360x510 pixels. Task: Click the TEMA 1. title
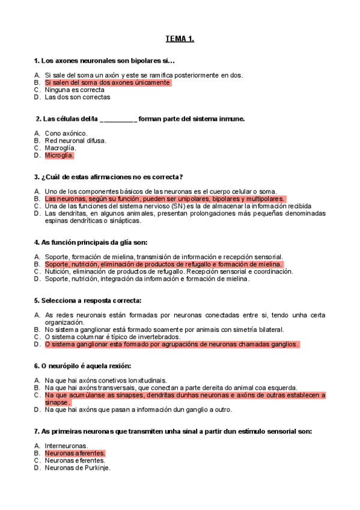tap(180, 40)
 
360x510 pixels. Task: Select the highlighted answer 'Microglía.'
tap(59, 155)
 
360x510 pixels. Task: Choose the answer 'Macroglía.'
tap(60, 148)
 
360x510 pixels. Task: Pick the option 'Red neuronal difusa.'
tap(75, 141)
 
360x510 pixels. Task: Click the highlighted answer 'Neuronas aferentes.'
tap(75, 453)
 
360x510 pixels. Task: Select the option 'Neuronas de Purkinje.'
tap(78, 468)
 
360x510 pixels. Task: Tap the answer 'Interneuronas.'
tap(66, 446)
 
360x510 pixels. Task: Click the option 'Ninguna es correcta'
tap(75, 90)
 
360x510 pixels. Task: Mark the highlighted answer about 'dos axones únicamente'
tap(108, 82)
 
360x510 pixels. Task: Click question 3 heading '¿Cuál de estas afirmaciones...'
tap(109, 177)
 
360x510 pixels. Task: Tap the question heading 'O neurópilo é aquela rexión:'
tap(83, 366)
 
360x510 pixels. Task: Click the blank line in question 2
tap(118, 119)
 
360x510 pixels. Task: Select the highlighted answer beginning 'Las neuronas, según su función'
tap(165, 198)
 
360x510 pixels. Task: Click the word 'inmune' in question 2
tap(233, 119)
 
